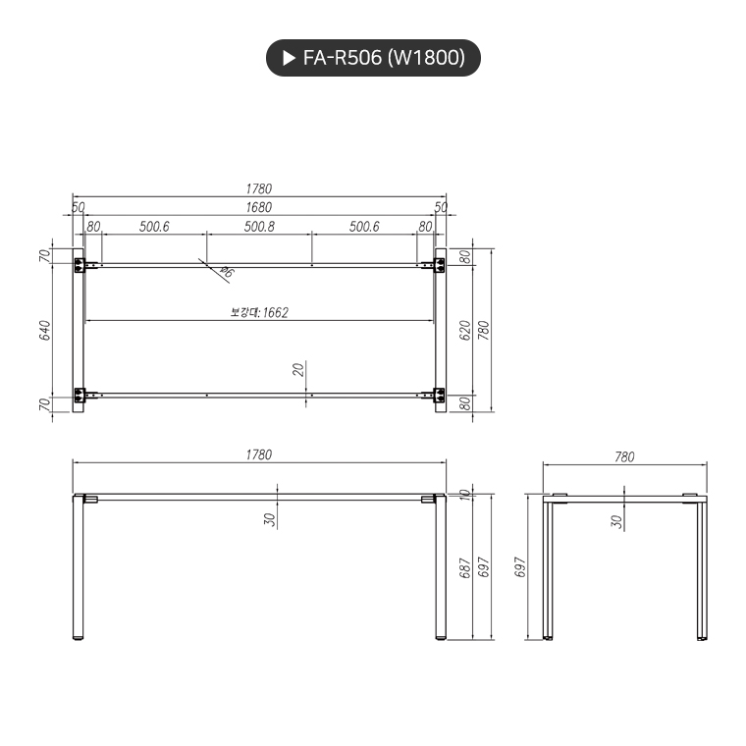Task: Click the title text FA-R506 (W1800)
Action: tap(384, 59)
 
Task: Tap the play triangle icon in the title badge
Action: tap(289, 59)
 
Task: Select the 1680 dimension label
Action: tap(259, 207)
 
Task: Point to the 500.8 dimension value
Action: tap(259, 227)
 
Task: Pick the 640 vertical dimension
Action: tap(45, 331)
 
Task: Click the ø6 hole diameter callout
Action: tap(226, 272)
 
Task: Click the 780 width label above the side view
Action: tap(624, 456)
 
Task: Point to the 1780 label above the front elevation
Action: tap(259, 454)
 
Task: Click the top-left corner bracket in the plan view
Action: tap(80, 264)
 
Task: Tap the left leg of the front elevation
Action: tap(79, 569)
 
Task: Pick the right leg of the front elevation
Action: tap(440, 569)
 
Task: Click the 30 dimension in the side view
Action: tap(616, 520)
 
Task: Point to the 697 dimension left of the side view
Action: tap(521, 569)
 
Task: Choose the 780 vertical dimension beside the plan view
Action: tap(483, 330)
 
